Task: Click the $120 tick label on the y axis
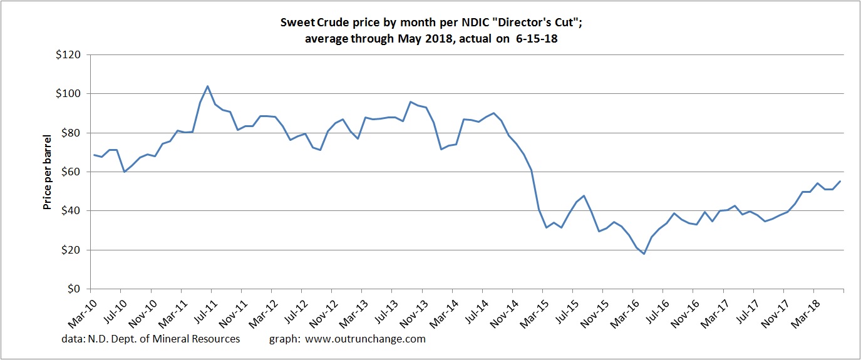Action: tap(68, 55)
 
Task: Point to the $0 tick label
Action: tap(74, 289)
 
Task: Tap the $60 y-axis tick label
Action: tap(70, 172)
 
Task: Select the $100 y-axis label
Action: tap(68, 94)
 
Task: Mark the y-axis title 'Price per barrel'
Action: tap(48, 172)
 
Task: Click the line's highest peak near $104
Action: tap(207, 86)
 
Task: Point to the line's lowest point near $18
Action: tap(643, 254)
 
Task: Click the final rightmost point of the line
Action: tap(840, 182)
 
